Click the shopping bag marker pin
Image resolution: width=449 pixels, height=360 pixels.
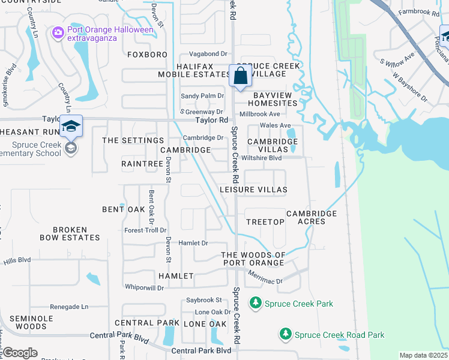[x=240, y=77]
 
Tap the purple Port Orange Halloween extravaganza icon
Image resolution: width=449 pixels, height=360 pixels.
[x=58, y=31]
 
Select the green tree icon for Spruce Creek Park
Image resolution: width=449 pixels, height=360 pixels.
[x=256, y=304]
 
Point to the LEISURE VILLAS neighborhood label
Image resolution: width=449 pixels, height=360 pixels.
[x=253, y=190]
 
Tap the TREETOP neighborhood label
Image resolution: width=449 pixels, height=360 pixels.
[x=265, y=222]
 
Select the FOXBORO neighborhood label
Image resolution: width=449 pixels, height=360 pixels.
[x=147, y=55]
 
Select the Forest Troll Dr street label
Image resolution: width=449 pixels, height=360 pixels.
[x=145, y=230]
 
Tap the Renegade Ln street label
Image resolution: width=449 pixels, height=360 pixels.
[x=69, y=307]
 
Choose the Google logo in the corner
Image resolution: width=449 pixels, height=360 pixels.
[x=20, y=353]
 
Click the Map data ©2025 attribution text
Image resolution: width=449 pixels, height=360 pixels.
[x=423, y=355]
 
